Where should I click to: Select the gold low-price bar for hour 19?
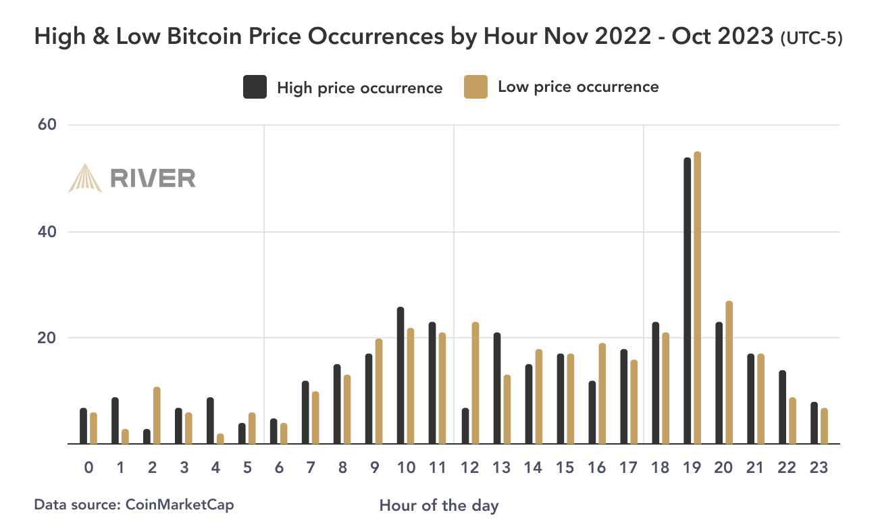click(x=698, y=298)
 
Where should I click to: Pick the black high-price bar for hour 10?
click(x=401, y=376)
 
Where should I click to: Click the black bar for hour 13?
click(x=496, y=388)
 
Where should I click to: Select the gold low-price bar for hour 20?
click(x=729, y=372)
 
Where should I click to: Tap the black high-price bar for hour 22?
click(x=782, y=407)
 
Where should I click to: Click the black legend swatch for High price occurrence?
click(x=255, y=87)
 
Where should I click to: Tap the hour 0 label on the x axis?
click(x=88, y=468)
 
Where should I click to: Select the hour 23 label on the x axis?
click(x=819, y=468)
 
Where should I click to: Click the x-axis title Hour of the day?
click(x=439, y=505)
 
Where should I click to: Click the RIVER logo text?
click(x=153, y=178)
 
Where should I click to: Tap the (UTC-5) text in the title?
click(x=810, y=39)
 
